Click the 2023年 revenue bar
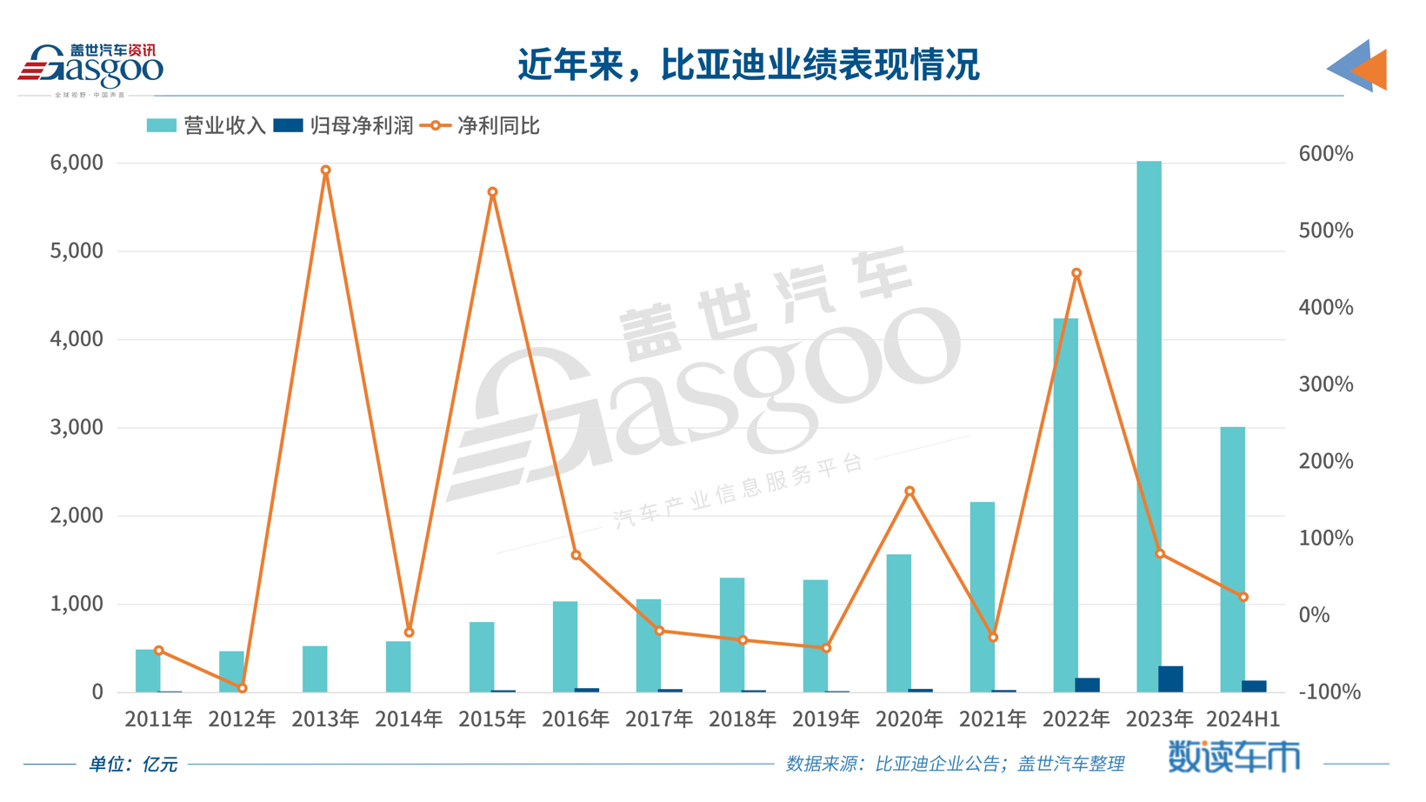1149,426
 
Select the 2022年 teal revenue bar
1065,505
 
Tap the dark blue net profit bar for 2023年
1170,678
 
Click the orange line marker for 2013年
325,170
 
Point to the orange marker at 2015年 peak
492,192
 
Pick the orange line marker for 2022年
1076,273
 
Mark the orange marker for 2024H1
1243,597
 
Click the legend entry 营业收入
207,126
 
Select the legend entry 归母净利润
343,126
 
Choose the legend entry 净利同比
480,126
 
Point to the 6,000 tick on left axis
77,163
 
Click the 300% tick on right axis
1325,384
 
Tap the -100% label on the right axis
1329,692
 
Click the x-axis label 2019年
825,718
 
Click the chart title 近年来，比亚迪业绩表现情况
749,64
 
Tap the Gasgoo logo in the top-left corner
90,68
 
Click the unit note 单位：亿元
133,764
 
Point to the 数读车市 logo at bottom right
1233,757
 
